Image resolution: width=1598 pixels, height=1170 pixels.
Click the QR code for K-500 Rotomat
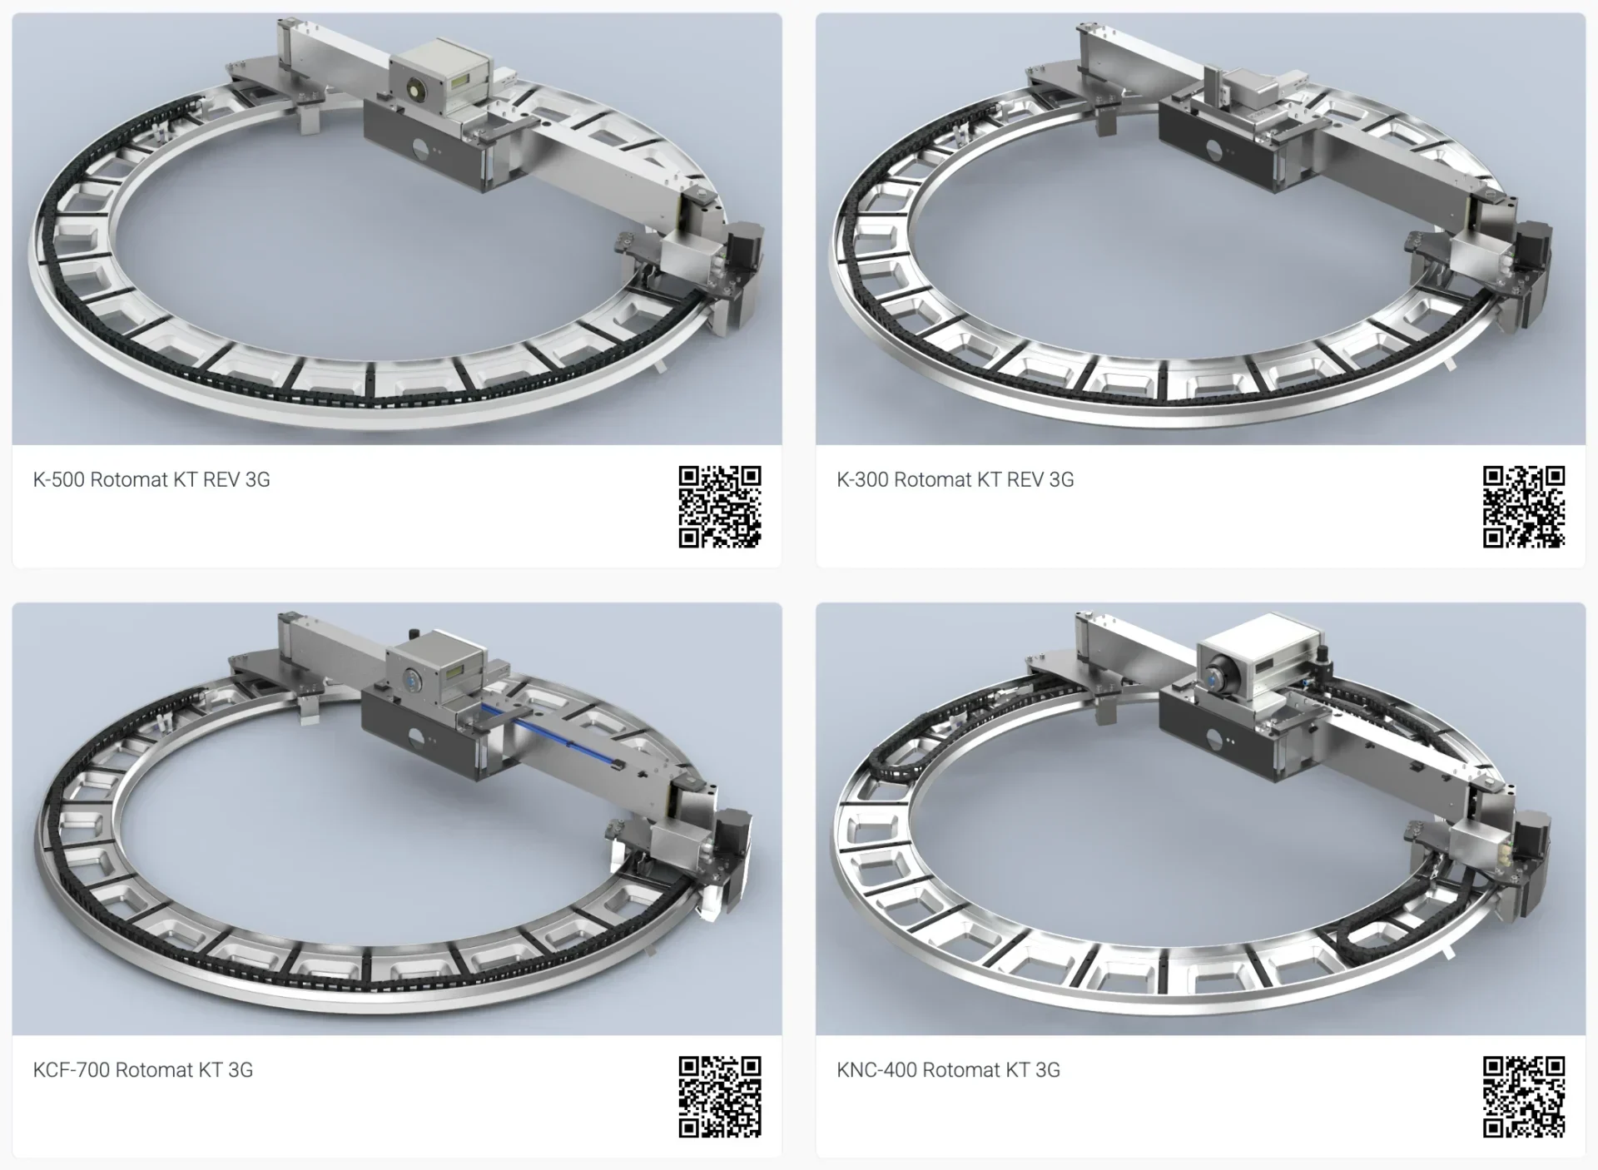pyautogui.click(x=720, y=507)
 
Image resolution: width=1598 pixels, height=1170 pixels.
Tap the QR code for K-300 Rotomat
pyautogui.click(x=1524, y=507)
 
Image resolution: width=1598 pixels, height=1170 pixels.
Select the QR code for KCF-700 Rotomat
pyautogui.click(x=720, y=1097)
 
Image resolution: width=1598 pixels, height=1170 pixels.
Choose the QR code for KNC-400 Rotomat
pyautogui.click(x=1524, y=1097)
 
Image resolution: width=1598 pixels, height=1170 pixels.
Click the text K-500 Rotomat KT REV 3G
pyautogui.click(x=151, y=480)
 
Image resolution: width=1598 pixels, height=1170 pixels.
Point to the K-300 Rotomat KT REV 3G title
pyautogui.click(x=955, y=480)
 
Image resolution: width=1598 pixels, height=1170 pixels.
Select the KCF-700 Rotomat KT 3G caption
pyautogui.click(x=143, y=1070)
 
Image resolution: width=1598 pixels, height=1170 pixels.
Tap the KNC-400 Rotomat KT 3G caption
pyautogui.click(x=949, y=1070)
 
